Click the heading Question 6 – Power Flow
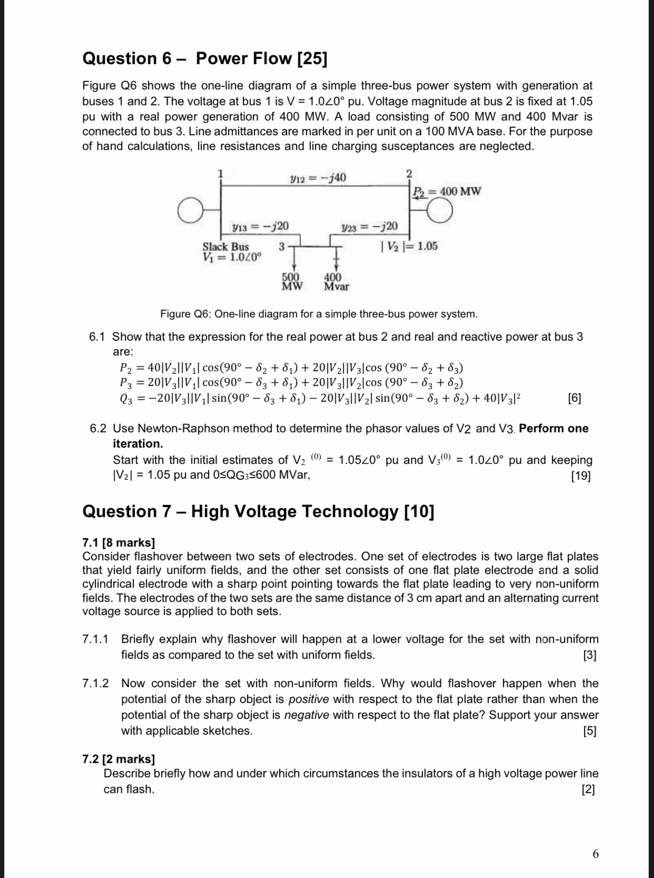[x=204, y=58]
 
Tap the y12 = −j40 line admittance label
[x=318, y=178]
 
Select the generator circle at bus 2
[x=439, y=211]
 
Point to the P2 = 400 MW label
[x=447, y=191]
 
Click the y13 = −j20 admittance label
[x=260, y=226]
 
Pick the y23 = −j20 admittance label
[x=370, y=226]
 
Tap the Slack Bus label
[x=225, y=246]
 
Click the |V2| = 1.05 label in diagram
[x=409, y=246]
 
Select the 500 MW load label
[x=292, y=282]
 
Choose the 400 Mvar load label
[x=335, y=282]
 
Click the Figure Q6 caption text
[x=319, y=314]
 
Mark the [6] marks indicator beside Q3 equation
[x=574, y=398]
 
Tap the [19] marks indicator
[x=581, y=476]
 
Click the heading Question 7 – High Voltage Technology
[x=258, y=511]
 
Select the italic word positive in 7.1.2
[x=309, y=699]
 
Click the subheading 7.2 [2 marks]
[x=118, y=759]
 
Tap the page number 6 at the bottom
[x=595, y=854]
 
